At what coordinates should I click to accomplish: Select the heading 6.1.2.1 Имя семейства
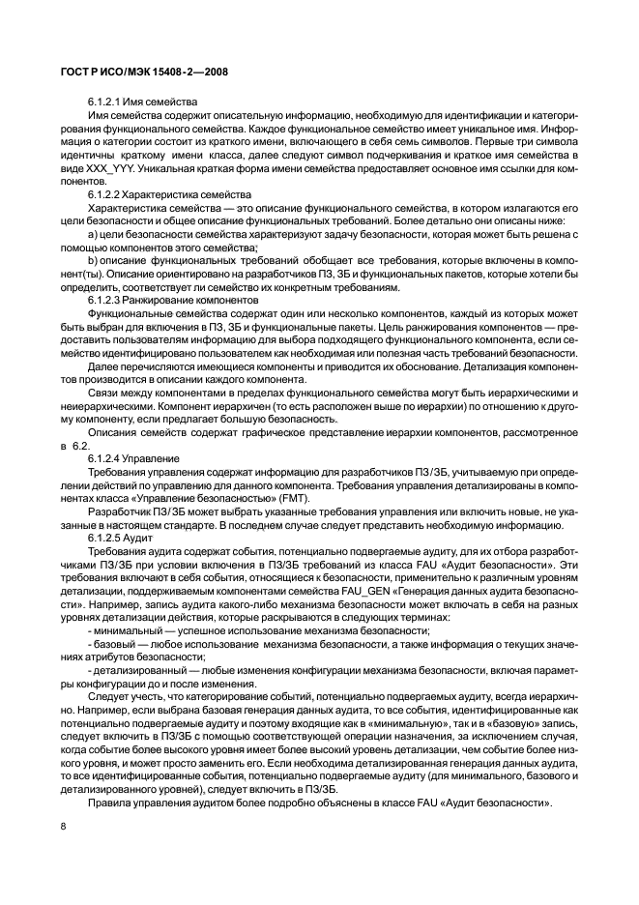pyautogui.click(x=142, y=102)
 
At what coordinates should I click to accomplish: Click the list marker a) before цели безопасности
pyautogui.click(x=93, y=234)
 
